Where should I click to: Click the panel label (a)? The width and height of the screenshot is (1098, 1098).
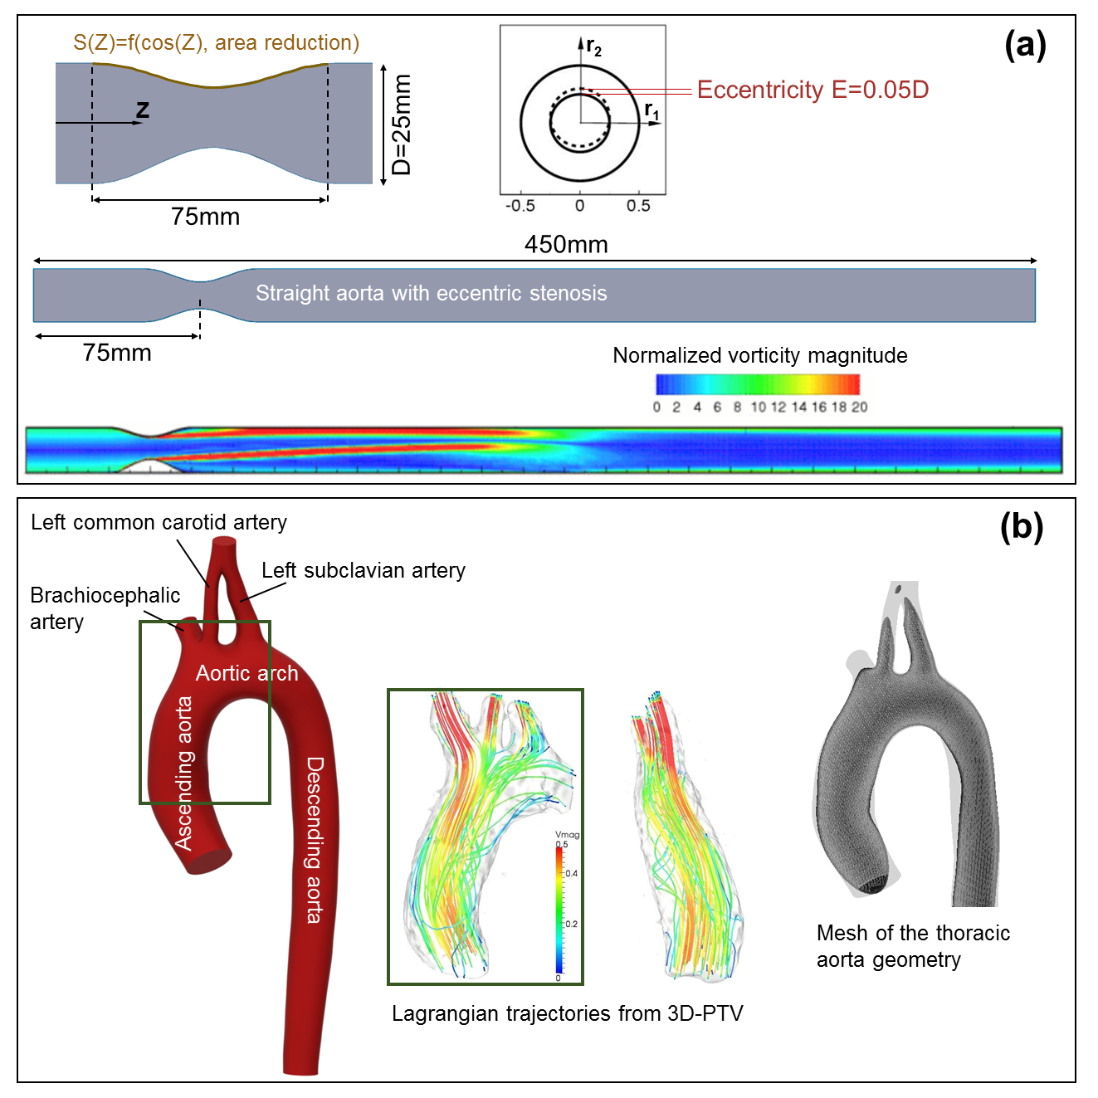(1025, 45)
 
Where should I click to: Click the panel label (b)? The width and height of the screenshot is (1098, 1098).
(1022, 526)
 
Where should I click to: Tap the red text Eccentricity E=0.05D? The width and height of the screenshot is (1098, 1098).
(813, 90)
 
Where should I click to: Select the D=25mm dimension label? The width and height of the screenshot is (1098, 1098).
(403, 124)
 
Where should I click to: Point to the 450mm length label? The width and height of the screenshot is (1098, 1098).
(566, 245)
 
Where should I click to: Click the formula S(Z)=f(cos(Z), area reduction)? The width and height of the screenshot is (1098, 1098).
(216, 42)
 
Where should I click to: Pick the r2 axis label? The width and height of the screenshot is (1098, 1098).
(593, 47)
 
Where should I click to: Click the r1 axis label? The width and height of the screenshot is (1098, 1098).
(652, 110)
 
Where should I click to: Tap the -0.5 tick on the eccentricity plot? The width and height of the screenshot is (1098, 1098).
(520, 206)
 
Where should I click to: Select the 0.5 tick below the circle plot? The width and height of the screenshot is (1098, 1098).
(638, 206)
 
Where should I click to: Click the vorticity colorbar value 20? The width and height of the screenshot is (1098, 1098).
(859, 407)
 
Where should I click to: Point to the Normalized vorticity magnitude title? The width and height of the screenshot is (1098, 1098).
(759, 355)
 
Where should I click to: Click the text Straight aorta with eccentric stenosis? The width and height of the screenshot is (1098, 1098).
(431, 293)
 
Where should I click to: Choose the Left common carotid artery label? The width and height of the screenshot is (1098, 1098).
(159, 522)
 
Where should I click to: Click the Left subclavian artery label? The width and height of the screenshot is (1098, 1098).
(363, 570)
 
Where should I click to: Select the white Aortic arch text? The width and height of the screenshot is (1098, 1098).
(246, 673)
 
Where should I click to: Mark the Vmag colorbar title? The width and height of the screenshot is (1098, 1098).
(568, 834)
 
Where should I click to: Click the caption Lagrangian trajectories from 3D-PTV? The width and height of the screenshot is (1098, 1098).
(567, 1013)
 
